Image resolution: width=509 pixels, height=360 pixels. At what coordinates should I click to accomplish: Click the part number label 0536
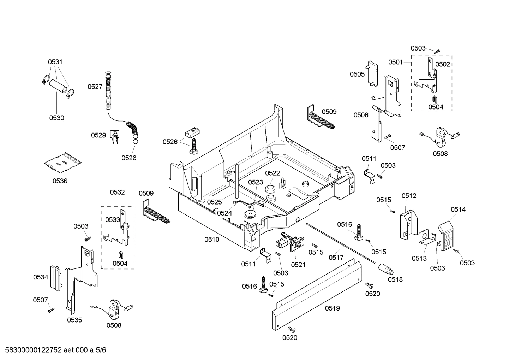(60, 181)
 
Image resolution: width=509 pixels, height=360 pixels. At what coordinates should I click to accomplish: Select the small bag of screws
(62, 163)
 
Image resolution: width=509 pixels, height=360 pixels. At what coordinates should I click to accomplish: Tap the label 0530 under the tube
(56, 118)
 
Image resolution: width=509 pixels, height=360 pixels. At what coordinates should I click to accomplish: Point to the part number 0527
(95, 87)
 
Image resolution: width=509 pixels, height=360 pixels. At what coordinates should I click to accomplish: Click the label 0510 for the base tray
(212, 240)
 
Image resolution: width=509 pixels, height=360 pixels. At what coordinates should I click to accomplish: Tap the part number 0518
(395, 279)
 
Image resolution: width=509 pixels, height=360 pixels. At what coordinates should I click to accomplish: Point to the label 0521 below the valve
(298, 264)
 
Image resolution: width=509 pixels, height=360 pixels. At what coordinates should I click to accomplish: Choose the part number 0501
(396, 62)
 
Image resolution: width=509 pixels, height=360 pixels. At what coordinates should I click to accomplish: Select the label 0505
(357, 74)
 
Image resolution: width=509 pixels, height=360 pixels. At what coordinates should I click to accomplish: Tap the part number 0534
(41, 277)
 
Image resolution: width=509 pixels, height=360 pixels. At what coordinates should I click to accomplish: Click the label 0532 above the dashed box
(117, 193)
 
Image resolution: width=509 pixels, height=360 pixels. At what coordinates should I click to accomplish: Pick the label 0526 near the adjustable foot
(170, 142)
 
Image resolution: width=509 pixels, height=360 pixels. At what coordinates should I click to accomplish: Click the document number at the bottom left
(53, 350)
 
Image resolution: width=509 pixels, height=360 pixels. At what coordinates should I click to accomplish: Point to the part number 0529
(98, 135)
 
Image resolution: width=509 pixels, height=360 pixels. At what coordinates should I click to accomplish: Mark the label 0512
(409, 196)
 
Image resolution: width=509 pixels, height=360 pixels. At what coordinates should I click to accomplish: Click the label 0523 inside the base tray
(256, 182)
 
